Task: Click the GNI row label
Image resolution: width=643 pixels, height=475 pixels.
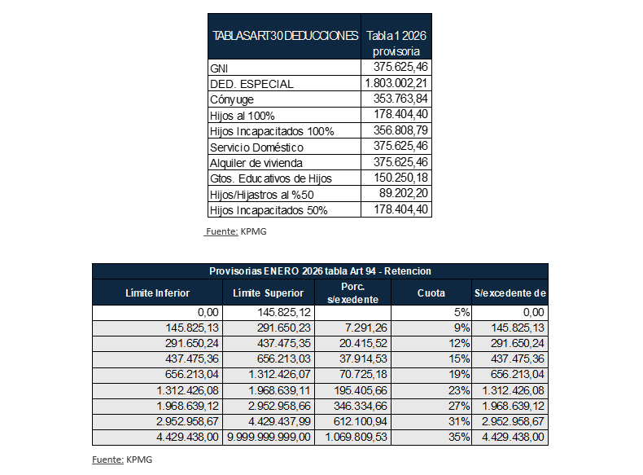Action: (x=219, y=68)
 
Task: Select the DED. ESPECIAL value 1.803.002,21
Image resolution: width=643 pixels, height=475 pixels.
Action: (x=397, y=83)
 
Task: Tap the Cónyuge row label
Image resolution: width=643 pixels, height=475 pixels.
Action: (x=232, y=99)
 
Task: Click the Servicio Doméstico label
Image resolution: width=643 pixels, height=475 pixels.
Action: (x=256, y=147)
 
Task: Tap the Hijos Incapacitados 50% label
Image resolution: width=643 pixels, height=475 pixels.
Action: (x=268, y=210)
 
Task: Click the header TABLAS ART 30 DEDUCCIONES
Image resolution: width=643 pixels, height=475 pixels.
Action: (x=285, y=37)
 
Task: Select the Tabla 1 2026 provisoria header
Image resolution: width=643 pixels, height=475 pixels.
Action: (x=396, y=44)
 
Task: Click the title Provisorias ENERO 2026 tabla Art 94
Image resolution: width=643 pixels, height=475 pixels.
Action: (x=320, y=270)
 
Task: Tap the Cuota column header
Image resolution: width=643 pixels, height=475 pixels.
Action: (x=431, y=292)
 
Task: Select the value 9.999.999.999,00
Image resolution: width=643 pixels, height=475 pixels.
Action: (x=269, y=438)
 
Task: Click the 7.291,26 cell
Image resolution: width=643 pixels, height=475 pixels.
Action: (x=359, y=327)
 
